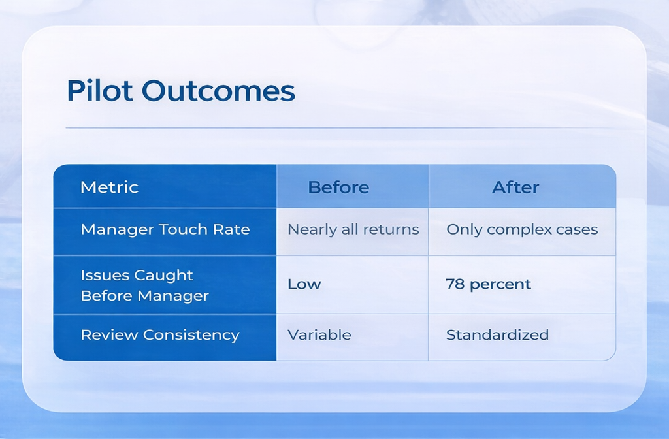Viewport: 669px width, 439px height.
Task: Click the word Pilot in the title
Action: [100, 92]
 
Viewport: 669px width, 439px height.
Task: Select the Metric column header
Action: [109, 187]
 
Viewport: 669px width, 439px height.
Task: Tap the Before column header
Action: [338, 187]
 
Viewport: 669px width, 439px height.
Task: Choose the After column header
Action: [515, 187]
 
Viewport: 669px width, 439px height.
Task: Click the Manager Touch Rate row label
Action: [165, 230]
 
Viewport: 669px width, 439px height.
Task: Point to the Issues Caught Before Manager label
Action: [144, 285]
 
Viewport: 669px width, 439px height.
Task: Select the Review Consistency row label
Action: [160, 335]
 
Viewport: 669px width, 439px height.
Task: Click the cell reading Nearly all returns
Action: [353, 230]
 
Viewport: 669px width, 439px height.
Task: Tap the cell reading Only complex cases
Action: [522, 230]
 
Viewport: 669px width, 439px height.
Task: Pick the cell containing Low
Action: [304, 285]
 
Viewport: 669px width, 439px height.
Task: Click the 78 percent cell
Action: [488, 285]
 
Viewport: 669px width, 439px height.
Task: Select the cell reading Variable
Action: [319, 335]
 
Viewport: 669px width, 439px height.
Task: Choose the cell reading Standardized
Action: [497, 335]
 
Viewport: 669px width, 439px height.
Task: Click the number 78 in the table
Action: [455, 285]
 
